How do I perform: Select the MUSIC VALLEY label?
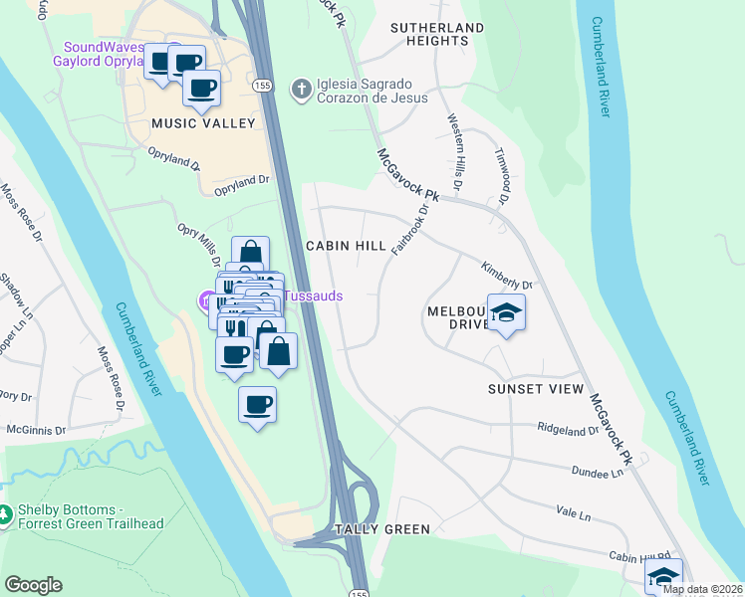[203, 123]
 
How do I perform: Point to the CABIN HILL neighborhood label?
[345, 246]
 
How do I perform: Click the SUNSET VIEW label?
[534, 389]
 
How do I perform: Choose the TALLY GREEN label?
[382, 529]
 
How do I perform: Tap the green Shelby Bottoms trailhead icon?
[8, 514]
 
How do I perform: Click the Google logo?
[33, 585]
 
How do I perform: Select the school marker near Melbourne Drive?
[506, 312]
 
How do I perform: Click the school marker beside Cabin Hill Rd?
[663, 576]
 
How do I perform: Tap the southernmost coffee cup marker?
[258, 404]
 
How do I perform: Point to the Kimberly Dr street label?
[507, 276]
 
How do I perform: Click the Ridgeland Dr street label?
[567, 431]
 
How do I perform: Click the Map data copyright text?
[702, 589]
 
